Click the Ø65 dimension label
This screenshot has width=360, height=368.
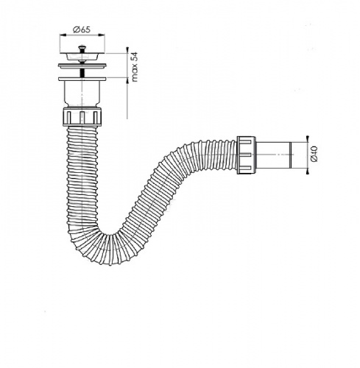pos(82,29)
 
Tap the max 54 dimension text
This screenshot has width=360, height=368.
pos(135,67)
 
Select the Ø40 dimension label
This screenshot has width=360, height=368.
pos(314,154)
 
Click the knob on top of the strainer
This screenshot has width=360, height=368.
pos(82,48)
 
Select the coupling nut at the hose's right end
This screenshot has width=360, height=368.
pos(246,155)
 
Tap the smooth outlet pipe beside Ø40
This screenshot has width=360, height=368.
pos(273,155)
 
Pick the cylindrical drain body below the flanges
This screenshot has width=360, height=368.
pos(82,93)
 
